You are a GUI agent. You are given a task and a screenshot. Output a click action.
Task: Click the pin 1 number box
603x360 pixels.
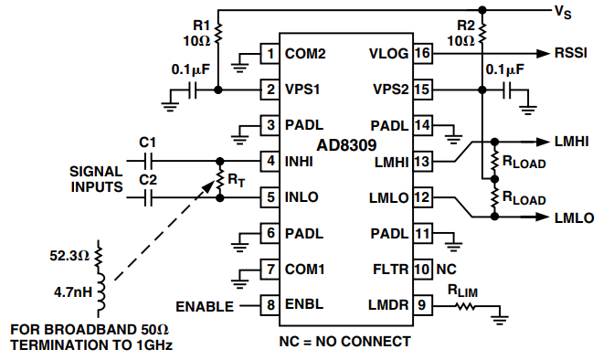tap(270, 54)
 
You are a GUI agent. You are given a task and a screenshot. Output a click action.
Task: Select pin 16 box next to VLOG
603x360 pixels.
tap(422, 53)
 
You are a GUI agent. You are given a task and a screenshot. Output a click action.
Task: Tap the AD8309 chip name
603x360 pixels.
tap(346, 145)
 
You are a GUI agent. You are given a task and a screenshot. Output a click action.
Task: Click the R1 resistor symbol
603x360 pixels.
tap(218, 34)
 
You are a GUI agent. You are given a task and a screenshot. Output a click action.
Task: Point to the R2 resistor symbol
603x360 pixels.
tap(482, 34)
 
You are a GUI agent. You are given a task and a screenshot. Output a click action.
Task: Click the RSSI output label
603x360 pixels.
tap(571, 53)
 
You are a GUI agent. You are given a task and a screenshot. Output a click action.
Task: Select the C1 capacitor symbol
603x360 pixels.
tap(148, 161)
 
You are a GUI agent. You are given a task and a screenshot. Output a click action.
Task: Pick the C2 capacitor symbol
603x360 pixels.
tap(148, 198)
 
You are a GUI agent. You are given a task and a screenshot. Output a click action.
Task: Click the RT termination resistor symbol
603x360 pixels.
tap(220, 179)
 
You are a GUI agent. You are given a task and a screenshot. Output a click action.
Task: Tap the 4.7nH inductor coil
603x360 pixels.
tap(100, 291)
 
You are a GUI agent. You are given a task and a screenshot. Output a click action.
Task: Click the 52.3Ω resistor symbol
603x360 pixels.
tap(99, 256)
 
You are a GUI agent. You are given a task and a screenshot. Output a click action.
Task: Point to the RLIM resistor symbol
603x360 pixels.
tap(465, 306)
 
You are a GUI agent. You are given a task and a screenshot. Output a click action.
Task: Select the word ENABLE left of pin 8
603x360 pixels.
tap(205, 306)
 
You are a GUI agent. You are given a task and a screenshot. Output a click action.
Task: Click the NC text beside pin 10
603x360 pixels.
tap(446, 270)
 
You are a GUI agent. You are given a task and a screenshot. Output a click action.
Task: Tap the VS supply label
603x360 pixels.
tap(563, 12)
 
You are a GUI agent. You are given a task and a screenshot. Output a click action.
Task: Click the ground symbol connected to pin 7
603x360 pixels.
tap(239, 284)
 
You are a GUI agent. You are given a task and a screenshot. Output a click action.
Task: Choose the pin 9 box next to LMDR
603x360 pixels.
tap(422, 305)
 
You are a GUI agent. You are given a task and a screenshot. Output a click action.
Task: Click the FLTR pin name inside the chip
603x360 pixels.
tap(390, 270)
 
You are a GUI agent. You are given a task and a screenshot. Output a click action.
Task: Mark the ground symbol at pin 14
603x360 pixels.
tap(454, 139)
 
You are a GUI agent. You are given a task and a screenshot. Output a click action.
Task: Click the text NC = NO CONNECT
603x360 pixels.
tap(344, 341)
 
